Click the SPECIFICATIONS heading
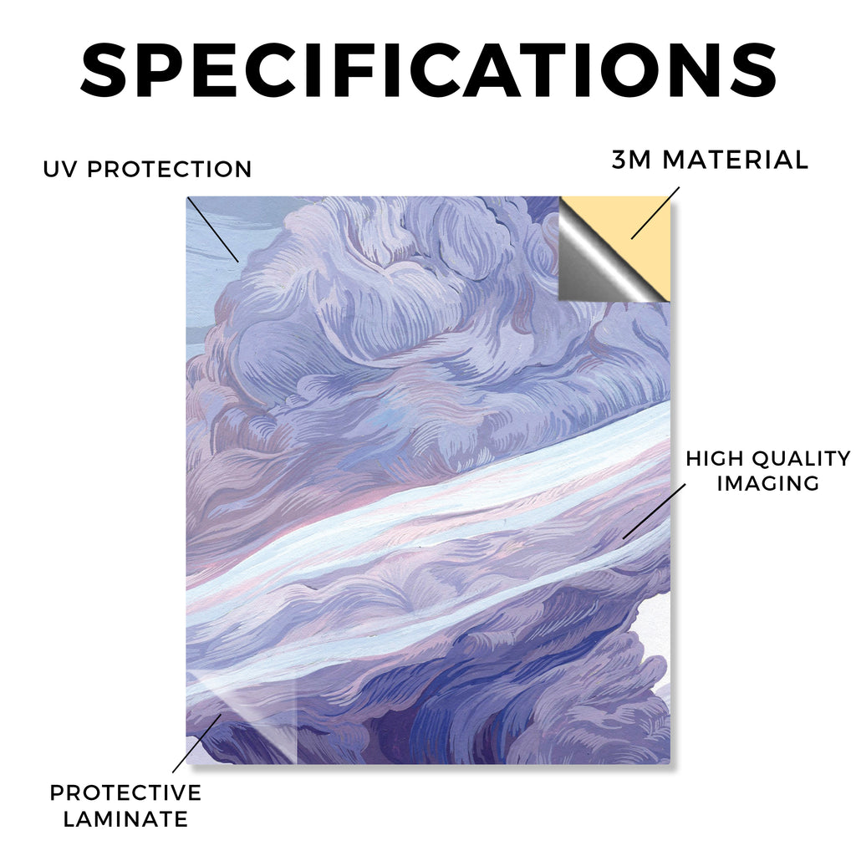[429, 70]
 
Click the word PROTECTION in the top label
[169, 169]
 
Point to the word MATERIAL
[735, 160]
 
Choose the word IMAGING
[768, 483]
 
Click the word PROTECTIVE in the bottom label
[125, 792]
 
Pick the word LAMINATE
[125, 819]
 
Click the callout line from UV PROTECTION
[213, 230]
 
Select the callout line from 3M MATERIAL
[655, 213]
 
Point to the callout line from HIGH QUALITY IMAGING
[654, 511]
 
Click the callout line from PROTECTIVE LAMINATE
[197, 743]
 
